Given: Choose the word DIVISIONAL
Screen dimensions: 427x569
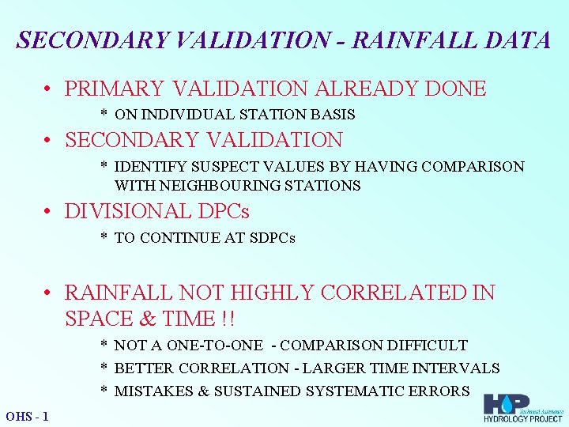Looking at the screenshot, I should pos(128,212).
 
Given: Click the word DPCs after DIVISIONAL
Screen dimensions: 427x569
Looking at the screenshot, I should pos(224,212).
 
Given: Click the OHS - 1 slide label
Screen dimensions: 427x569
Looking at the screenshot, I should pos(27,416).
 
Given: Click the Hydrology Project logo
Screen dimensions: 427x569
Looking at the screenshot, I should pos(522,408).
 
